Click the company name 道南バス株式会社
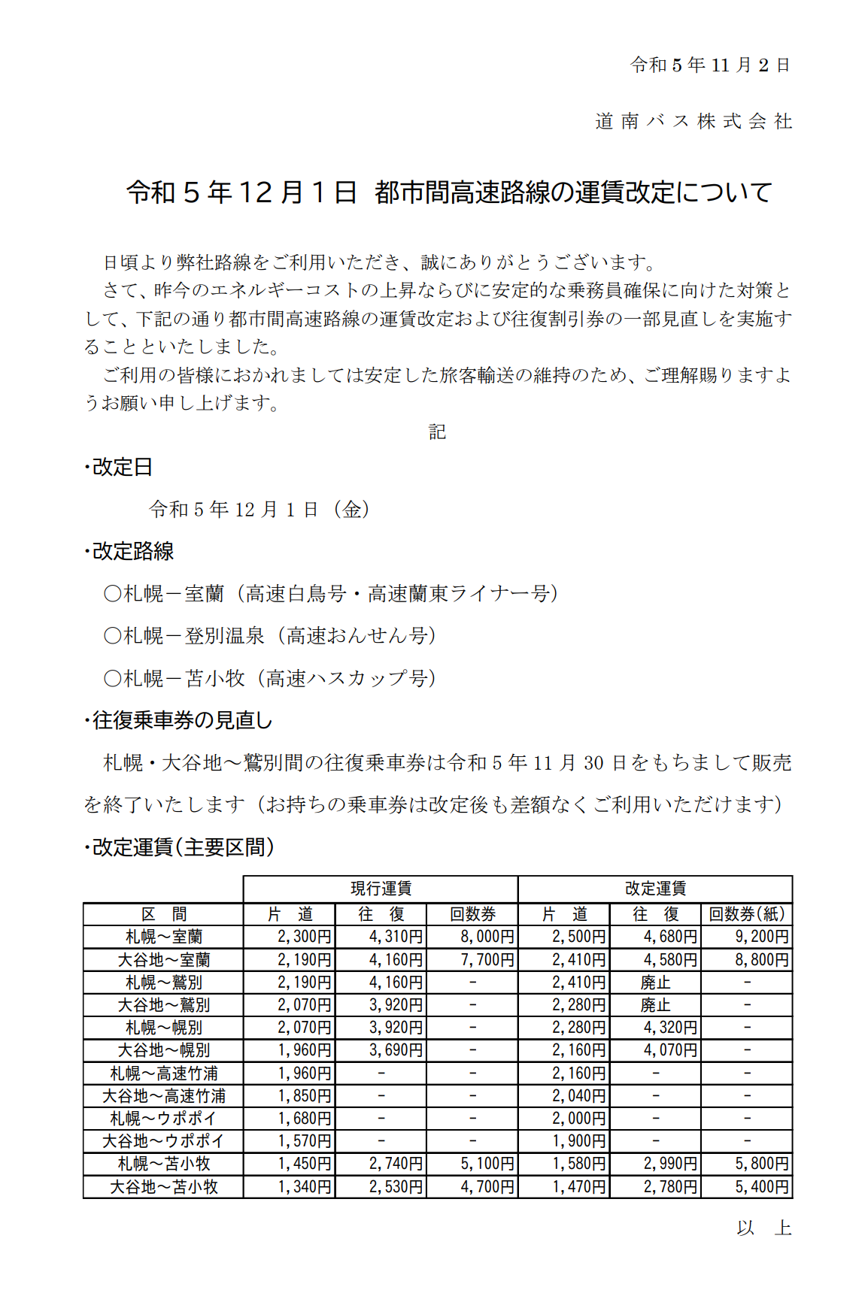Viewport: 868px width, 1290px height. (693, 121)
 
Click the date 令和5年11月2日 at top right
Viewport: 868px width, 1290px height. (709, 65)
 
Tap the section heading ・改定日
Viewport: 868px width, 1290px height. (118, 467)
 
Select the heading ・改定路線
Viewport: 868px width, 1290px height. (129, 551)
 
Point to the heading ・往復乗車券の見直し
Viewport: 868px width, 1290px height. (178, 720)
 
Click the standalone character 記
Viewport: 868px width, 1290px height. (437, 432)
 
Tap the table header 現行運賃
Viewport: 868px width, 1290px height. (381, 889)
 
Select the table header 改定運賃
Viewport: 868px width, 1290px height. (655, 889)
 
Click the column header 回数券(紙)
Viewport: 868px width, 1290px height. (747, 914)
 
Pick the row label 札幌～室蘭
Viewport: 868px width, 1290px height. (163, 937)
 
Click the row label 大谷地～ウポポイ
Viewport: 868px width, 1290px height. (163, 1141)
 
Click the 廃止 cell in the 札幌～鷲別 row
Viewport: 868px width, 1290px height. (654, 983)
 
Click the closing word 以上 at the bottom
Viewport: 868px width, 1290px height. (763, 1228)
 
